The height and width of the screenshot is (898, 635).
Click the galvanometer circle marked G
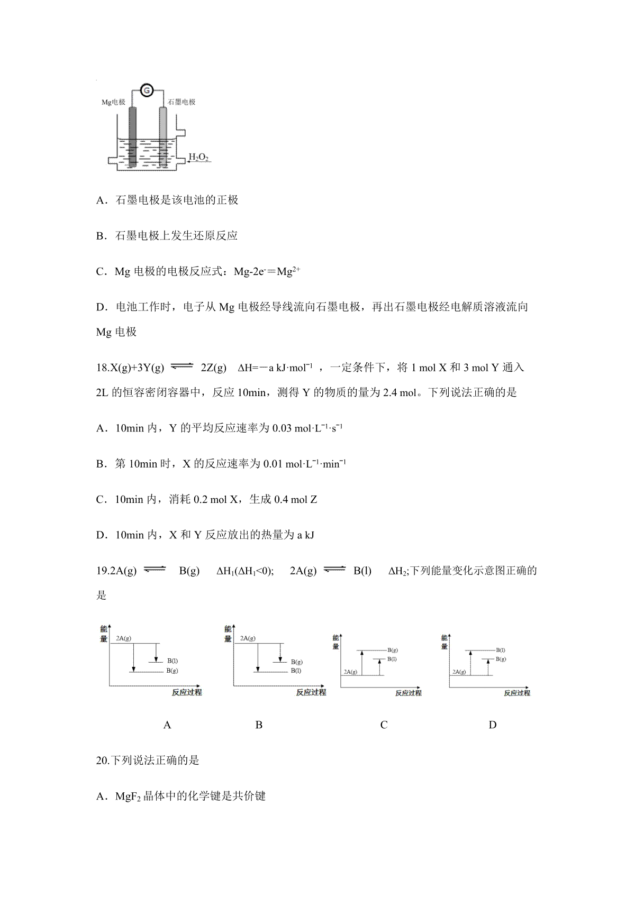pyautogui.click(x=148, y=90)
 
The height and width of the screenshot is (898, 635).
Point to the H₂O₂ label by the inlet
pyautogui.click(x=198, y=157)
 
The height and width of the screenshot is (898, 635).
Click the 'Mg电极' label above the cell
pyautogui.click(x=113, y=102)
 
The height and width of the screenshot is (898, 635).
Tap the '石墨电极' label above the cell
pyautogui.click(x=182, y=102)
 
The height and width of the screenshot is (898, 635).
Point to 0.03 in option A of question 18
pyautogui.click(x=282, y=428)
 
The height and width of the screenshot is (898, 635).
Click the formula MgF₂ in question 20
pyautogui.click(x=127, y=796)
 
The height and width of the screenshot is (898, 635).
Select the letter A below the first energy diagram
pyautogui.click(x=167, y=725)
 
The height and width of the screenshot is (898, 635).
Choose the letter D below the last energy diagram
pyautogui.click(x=493, y=725)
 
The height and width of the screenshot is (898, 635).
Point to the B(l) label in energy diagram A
pyautogui.click(x=173, y=661)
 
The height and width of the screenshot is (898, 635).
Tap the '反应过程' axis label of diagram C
pyautogui.click(x=408, y=693)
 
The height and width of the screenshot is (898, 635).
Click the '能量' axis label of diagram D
pyautogui.click(x=444, y=642)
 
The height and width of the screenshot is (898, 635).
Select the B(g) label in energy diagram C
pyautogui.click(x=393, y=649)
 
